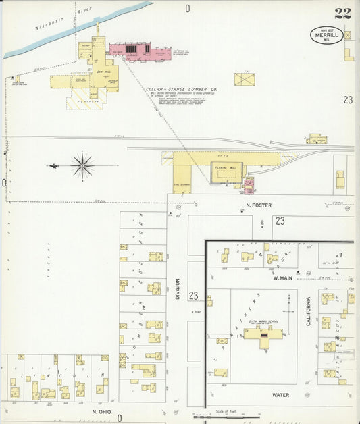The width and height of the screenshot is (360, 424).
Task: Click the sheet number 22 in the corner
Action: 342,14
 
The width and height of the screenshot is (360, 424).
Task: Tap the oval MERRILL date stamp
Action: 327,35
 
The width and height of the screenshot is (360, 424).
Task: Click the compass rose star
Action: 82,165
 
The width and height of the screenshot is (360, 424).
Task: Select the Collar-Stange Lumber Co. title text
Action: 180,89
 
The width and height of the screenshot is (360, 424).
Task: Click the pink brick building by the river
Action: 139,51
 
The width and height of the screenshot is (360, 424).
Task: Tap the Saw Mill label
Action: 103,71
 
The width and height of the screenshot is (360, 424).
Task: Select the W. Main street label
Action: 282,277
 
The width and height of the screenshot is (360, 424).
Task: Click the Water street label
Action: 281,394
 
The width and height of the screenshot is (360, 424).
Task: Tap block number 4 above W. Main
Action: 259,255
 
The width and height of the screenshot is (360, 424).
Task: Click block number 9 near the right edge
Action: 341,255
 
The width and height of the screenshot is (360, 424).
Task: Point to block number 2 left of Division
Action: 143,308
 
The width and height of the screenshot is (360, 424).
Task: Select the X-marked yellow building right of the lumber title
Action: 245,79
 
